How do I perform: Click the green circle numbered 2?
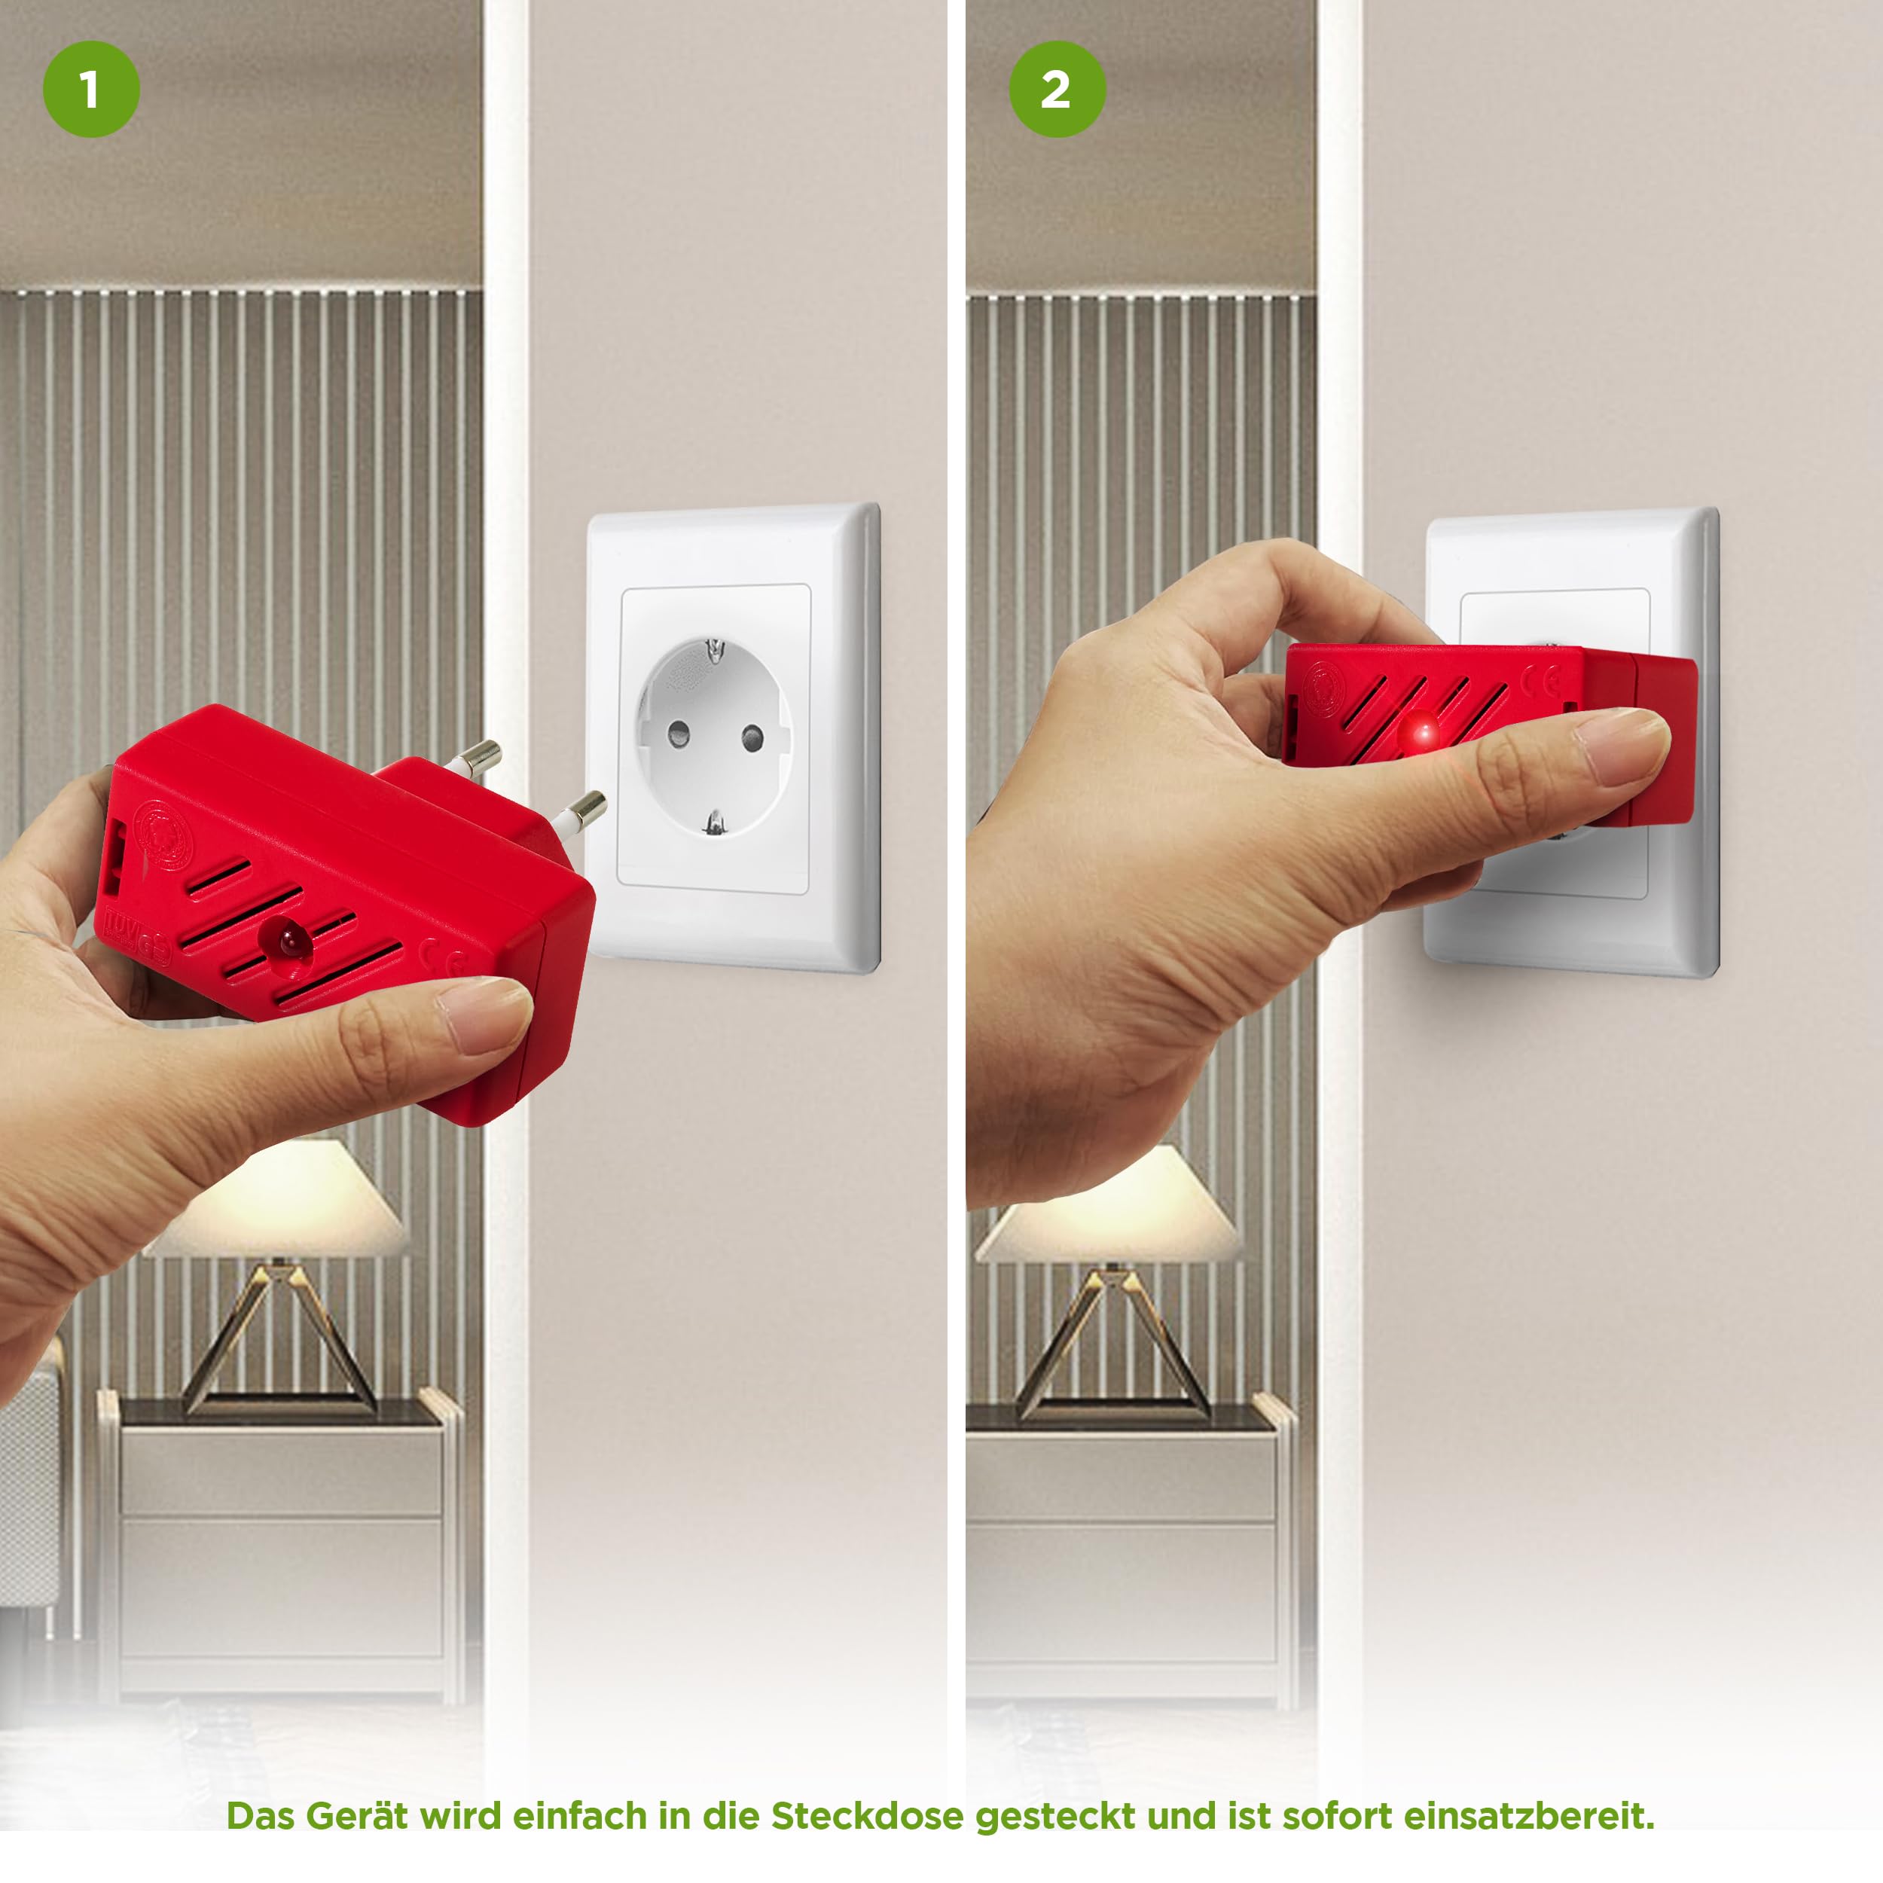1057,90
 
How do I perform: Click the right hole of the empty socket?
752,738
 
